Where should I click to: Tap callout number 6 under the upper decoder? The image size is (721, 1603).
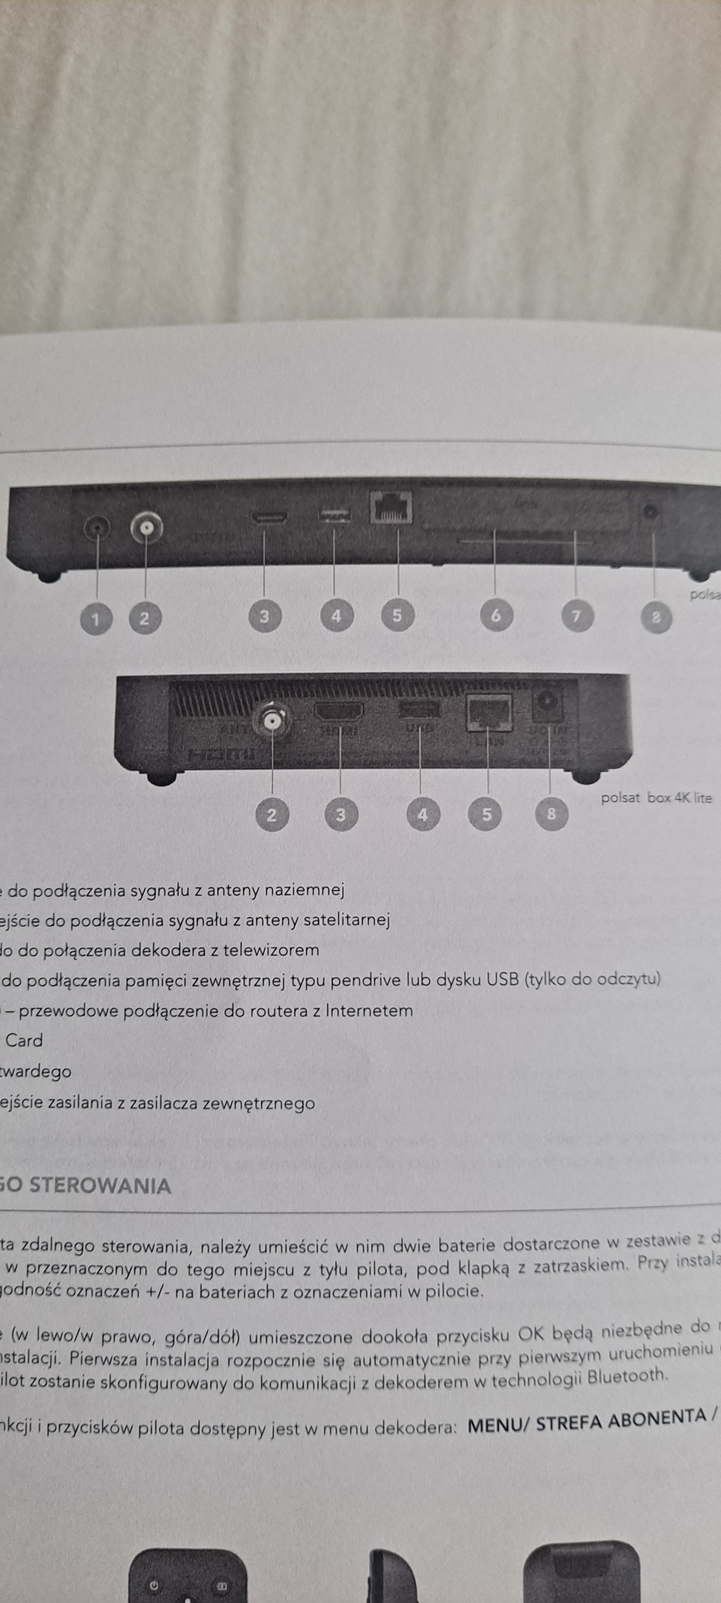tap(496, 616)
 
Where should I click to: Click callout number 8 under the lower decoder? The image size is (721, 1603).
tap(551, 814)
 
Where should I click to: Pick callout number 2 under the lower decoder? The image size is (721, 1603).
tap(272, 815)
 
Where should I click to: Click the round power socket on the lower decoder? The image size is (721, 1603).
tap(549, 703)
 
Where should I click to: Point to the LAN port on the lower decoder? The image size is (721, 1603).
tap(489, 713)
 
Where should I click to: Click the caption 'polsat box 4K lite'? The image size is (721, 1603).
tap(656, 798)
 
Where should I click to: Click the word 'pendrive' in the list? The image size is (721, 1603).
tap(365, 981)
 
